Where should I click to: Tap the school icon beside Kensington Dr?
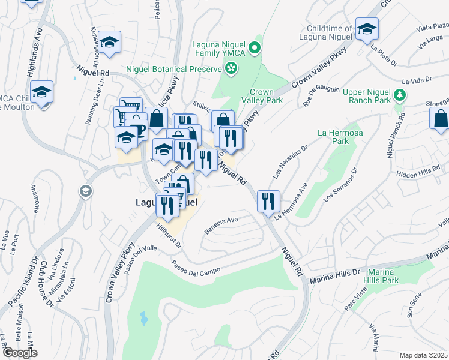click(109, 41)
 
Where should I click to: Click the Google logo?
click(20, 353)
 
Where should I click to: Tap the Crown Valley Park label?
click(266, 97)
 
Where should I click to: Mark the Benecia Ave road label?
click(221, 223)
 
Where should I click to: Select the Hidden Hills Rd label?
click(419, 172)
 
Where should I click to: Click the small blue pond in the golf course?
click(144, 317)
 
